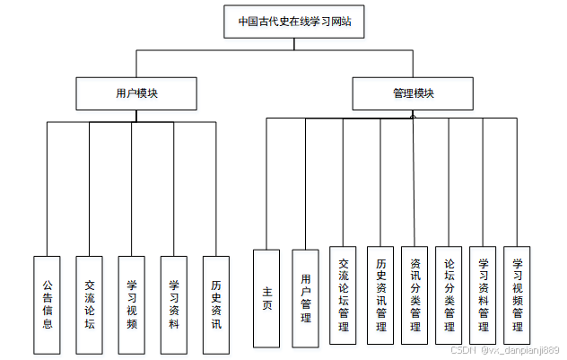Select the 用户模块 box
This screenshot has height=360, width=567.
pos(136,93)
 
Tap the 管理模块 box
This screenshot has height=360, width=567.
pos(413,93)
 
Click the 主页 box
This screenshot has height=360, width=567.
pos(266,298)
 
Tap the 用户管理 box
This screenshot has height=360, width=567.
pos(306,298)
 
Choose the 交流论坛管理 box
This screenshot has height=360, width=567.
pos(343,295)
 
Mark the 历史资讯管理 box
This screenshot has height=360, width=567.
pos(380,295)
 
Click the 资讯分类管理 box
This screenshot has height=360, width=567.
pos(414,295)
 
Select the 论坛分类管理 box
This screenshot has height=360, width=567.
pos(449,295)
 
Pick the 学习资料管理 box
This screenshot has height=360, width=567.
pos(483,295)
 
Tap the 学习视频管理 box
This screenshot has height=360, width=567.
pos(517,295)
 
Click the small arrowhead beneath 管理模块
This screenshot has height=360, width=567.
pos(413,114)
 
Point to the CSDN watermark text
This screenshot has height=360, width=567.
pos(504,350)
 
